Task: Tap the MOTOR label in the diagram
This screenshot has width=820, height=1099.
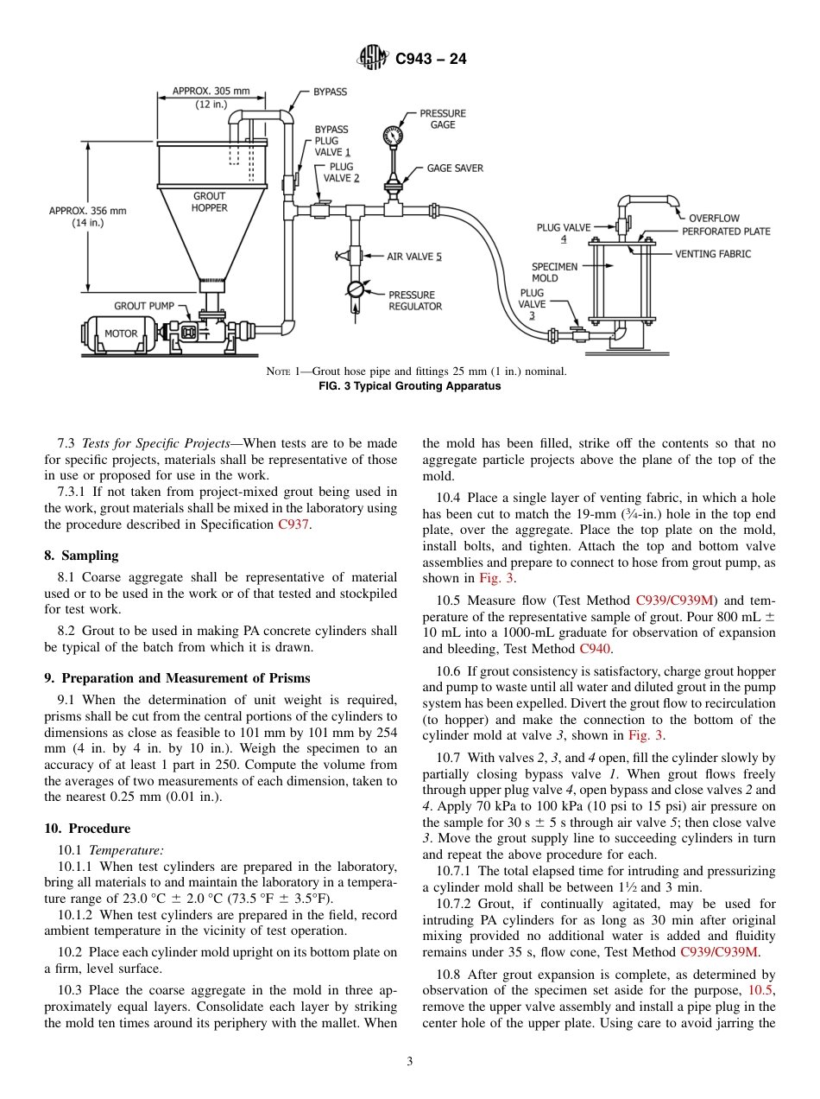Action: [121, 333]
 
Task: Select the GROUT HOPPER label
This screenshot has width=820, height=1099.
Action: [209, 202]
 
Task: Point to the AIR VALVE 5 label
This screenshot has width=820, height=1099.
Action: [413, 257]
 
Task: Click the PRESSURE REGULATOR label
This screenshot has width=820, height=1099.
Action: [414, 301]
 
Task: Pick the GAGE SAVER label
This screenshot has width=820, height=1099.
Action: [455, 168]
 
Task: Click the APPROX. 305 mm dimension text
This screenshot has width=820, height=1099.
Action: [211, 91]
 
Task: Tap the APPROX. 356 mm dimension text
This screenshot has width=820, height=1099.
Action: [87, 210]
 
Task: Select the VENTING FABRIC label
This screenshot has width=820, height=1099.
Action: [712, 254]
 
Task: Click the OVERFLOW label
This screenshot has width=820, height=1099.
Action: [713, 219]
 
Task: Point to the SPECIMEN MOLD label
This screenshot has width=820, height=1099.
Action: [554, 272]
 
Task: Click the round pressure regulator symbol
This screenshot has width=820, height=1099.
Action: [356, 289]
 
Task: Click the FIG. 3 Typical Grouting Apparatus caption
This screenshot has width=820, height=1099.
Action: [410, 386]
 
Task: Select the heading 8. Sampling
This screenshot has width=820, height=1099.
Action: [81, 556]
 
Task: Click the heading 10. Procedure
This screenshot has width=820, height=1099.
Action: [87, 829]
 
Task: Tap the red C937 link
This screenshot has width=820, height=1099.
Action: [292, 524]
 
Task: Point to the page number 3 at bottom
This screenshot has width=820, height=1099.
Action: [410, 1062]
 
